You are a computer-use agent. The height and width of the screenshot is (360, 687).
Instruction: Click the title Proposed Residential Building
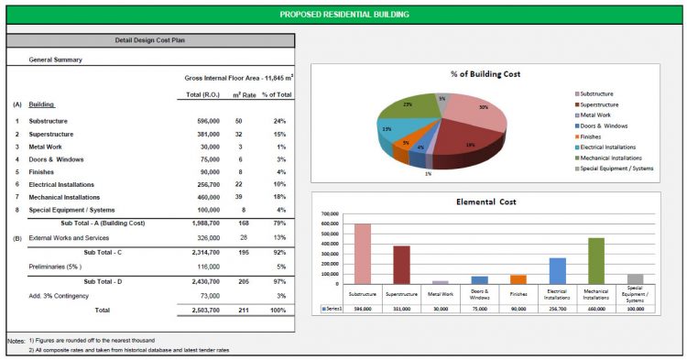343,15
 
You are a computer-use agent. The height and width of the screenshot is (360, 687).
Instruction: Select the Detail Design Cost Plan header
150,41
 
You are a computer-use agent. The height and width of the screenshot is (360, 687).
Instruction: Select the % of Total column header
277,95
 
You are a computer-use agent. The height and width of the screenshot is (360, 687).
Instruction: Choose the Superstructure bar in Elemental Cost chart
402,265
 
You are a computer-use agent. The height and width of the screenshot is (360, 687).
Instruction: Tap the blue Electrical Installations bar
557,271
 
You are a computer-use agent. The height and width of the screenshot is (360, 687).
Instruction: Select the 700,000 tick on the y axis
326,214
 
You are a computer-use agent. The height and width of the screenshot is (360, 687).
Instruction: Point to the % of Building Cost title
485,73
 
